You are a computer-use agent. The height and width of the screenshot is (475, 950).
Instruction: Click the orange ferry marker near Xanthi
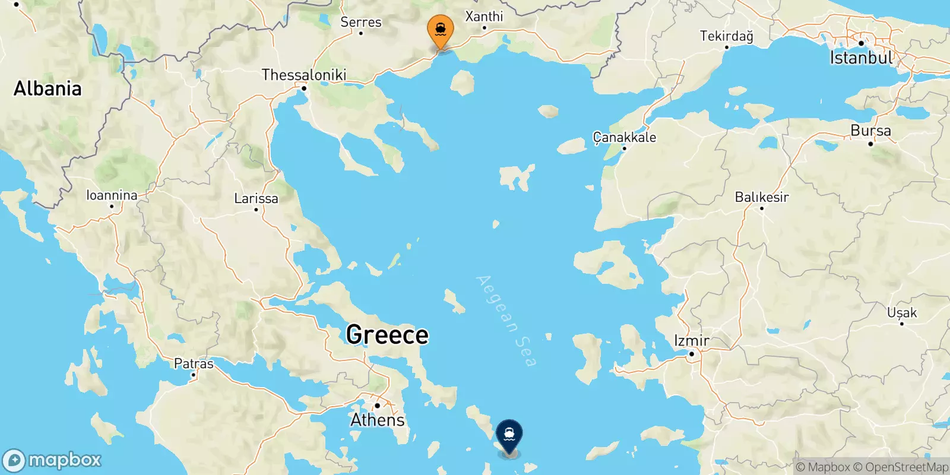[441, 30]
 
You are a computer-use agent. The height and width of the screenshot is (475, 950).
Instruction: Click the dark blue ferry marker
[509, 435]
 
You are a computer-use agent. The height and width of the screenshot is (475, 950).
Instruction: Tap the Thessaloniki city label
[303, 75]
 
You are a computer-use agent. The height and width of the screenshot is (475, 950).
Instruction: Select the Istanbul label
[861, 58]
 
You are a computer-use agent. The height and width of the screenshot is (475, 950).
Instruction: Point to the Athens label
[378, 420]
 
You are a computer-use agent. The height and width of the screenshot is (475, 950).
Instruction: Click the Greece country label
[387, 335]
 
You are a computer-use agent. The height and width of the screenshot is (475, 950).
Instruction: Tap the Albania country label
[47, 88]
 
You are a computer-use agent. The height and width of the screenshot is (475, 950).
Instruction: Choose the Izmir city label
[692, 341]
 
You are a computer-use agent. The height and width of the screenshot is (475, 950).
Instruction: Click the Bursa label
[870, 131]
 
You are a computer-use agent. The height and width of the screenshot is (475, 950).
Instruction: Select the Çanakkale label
[625, 137]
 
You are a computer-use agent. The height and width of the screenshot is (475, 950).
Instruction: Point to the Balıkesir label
[762, 197]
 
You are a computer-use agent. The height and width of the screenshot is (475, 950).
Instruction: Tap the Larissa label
[256, 198]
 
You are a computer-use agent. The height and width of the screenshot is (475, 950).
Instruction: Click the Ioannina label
[112, 195]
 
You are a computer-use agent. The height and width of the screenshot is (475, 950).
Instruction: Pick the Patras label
[194, 363]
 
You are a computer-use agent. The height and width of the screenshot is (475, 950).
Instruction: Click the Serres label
[361, 22]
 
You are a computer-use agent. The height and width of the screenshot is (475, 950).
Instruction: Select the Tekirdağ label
[726, 36]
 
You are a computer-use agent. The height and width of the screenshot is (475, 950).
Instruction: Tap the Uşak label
[901, 312]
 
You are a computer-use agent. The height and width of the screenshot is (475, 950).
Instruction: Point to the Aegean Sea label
[506, 321]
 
